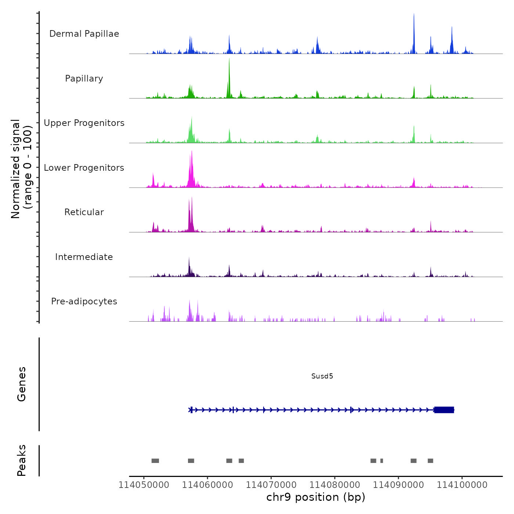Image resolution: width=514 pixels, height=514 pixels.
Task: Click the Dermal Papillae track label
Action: pos(84,34)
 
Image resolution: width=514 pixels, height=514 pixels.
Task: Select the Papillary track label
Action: pos(84,79)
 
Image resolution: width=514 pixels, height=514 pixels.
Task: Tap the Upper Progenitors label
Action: pos(84,123)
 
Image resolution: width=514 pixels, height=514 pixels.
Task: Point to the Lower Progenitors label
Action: pos(84,168)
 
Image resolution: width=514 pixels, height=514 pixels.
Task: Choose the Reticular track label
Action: pos(84,212)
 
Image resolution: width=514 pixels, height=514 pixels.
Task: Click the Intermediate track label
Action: pos(84,257)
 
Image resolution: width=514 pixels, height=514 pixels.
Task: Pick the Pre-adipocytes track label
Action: pos(84,301)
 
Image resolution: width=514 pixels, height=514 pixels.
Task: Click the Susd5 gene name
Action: pos(322,376)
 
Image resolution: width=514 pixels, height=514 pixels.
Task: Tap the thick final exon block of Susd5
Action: pos(444,410)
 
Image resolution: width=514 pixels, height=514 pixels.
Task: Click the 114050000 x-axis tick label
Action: pos(144,485)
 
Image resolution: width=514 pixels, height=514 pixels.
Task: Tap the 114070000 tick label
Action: pos(271,485)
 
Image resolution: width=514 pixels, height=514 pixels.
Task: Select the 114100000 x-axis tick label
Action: pos(462,485)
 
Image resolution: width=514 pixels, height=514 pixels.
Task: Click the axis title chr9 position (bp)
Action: pos(316,497)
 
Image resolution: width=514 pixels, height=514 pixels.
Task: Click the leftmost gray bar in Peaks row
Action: pos(155,461)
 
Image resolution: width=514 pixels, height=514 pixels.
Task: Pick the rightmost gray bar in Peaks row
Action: pos(430,461)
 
